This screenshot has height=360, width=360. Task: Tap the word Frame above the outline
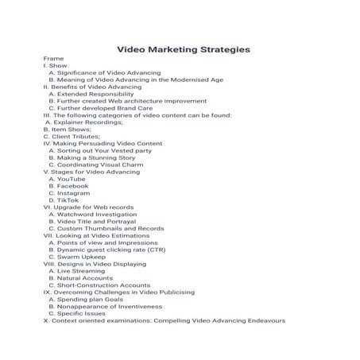click(53, 59)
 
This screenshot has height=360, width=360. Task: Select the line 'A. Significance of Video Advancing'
click(104, 73)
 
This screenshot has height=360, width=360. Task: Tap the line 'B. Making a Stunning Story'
click(91, 158)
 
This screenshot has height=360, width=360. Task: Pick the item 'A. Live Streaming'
click(81, 271)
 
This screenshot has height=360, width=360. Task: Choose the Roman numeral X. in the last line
click(46, 320)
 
